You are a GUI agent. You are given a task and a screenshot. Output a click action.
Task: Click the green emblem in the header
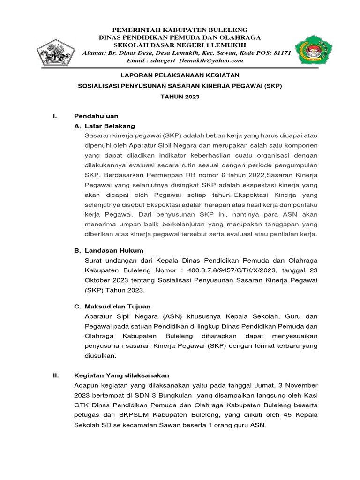[313, 49]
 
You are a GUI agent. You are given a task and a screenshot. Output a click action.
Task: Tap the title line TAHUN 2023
[180, 97]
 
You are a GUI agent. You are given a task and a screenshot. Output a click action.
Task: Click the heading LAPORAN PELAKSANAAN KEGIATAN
[180, 75]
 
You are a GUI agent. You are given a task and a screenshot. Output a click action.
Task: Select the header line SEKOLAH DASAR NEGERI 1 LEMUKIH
[180, 45]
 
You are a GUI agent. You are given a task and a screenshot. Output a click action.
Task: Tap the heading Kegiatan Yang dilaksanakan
[122, 375]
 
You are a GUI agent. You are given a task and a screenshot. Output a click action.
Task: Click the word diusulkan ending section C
[99, 356]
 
